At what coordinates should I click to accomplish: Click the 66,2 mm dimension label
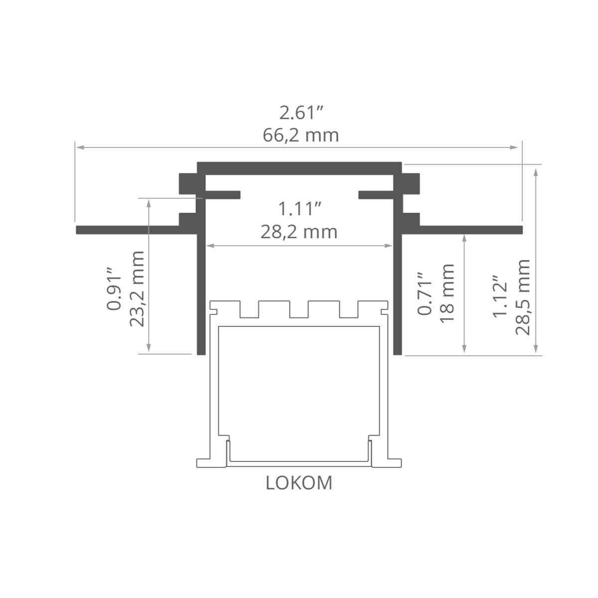pos(300,136)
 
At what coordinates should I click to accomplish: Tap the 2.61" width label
pos(301,113)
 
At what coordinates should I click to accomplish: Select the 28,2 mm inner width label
pos(299,232)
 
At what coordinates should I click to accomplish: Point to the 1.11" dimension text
pos(299,209)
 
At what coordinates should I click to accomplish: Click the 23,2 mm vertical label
pos(137,289)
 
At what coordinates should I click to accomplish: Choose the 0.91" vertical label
pos(114,289)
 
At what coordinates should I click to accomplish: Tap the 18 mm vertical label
pos(447,293)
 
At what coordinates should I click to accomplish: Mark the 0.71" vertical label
pos(424,294)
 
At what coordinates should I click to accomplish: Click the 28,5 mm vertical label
pos(522,298)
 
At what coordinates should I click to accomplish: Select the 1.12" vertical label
pos(500,296)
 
